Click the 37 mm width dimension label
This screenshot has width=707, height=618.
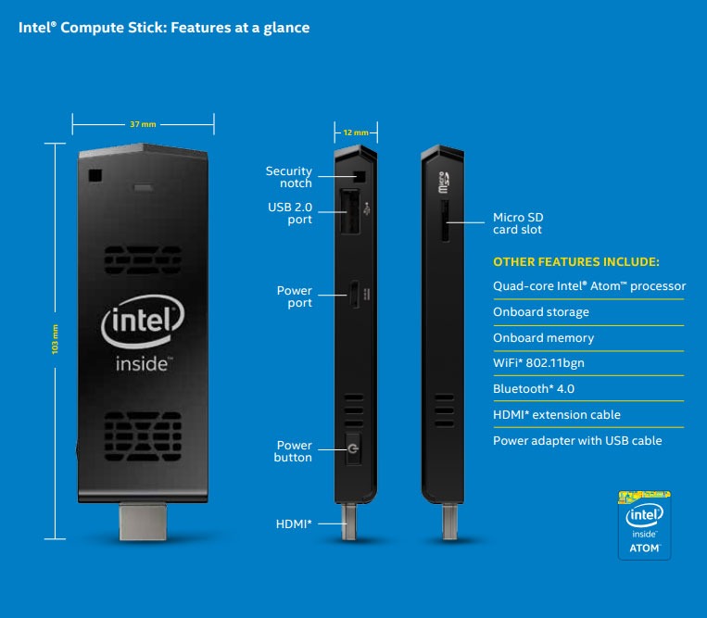[143, 123]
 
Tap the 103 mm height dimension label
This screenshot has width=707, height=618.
[56, 339]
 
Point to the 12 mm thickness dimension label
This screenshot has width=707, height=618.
[355, 132]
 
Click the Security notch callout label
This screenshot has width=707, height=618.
[289, 177]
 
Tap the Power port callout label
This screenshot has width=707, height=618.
[295, 296]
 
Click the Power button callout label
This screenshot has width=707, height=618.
[293, 451]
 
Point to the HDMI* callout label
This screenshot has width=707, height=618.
[294, 524]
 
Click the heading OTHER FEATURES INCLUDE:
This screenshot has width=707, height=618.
[576, 261]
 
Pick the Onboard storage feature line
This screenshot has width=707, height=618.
[541, 312]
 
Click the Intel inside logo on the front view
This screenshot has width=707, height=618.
[143, 334]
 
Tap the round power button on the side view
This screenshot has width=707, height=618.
[352, 452]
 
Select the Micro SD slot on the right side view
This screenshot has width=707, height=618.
[445, 221]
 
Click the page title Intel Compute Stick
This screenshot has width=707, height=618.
[164, 28]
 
